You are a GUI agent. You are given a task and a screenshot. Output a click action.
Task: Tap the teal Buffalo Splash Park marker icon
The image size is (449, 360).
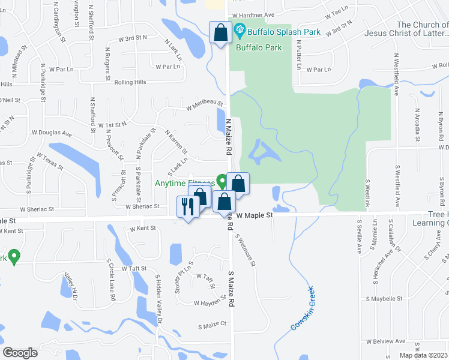click(x=240, y=29)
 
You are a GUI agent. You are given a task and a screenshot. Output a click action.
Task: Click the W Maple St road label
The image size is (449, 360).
click(x=255, y=214)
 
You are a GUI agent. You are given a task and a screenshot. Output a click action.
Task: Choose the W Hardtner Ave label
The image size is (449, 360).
click(x=253, y=14)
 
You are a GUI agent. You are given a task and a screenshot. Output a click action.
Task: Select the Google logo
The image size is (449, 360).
click(x=20, y=353)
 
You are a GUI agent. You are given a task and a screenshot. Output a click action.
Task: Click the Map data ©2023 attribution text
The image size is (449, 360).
click(x=424, y=355)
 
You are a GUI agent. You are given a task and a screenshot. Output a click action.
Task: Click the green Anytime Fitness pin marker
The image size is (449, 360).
click(x=221, y=181)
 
